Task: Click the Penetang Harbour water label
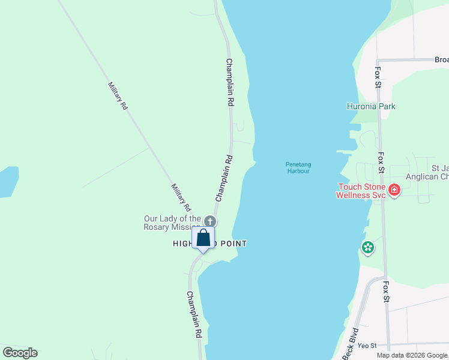tap(298, 167)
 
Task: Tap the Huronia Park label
tap(371, 106)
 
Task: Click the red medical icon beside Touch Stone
tap(394, 191)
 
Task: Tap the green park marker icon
tap(367, 247)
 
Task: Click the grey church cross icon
tap(209, 221)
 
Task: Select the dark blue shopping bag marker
tap(203, 238)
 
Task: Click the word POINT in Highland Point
tap(231, 244)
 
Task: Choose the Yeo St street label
tap(367, 346)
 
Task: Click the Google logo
tap(20, 352)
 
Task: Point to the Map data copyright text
tap(412, 355)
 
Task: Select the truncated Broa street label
tap(441, 60)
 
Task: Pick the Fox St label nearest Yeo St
tap(387, 296)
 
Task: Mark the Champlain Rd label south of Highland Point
tap(193, 314)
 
